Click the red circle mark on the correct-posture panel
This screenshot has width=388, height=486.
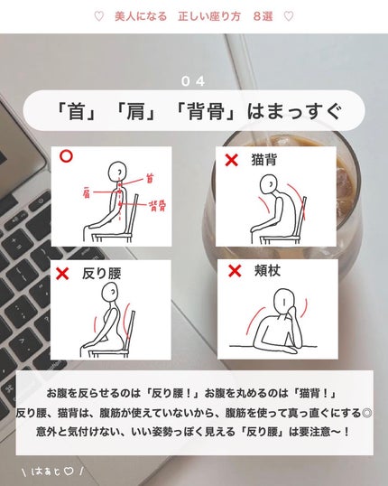pyautogui.click(x=66, y=156)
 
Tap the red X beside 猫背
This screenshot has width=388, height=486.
pyautogui.click(x=231, y=160)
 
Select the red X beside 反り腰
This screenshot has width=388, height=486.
pyautogui.click(x=62, y=274)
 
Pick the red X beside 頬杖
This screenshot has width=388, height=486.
pyautogui.click(x=235, y=271)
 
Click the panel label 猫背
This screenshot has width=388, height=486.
pyautogui.click(x=263, y=160)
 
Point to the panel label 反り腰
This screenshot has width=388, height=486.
pyautogui.click(x=102, y=274)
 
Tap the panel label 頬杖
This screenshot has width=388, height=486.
pyautogui.click(x=267, y=271)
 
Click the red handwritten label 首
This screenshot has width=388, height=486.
pyautogui.click(x=150, y=179)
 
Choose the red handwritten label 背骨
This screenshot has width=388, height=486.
pyautogui.click(x=158, y=205)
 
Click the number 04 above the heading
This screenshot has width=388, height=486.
pyautogui.click(x=193, y=81)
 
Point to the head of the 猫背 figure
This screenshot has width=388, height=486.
pyautogui.click(x=269, y=185)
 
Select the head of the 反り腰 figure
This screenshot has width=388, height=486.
pyautogui.click(x=110, y=293)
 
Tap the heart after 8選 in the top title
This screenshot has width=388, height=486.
pyautogui.click(x=289, y=16)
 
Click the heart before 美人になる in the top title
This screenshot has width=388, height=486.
pyautogui.click(x=98, y=16)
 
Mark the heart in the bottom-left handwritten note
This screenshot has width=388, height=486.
pyautogui.click(x=69, y=472)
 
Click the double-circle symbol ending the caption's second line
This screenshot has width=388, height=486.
pyautogui.click(x=366, y=413)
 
